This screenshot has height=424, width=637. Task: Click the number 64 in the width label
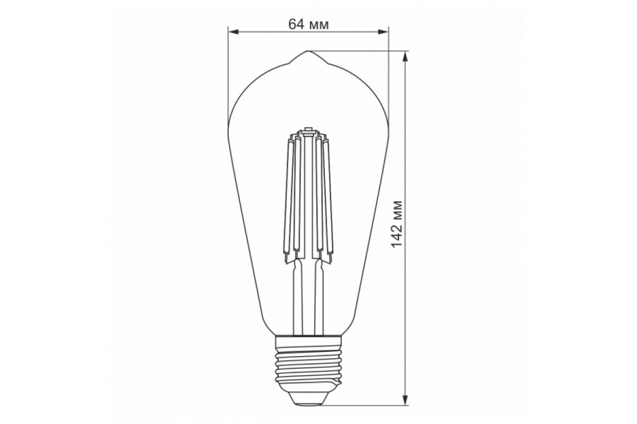[x=296, y=24]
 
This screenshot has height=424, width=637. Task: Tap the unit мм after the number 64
[x=318, y=24]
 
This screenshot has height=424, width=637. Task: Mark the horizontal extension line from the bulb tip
[x=361, y=51]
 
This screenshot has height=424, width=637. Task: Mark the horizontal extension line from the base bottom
[x=366, y=405]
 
